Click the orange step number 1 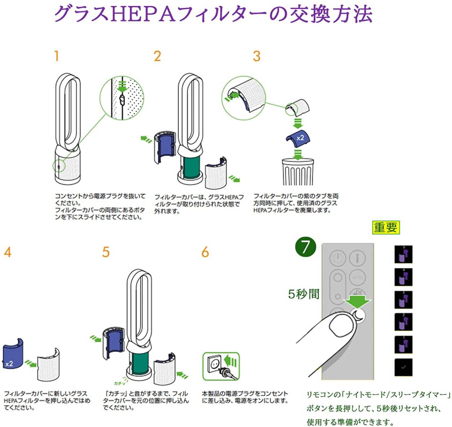click(56, 56)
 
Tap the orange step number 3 click(257, 56)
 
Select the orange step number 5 click(106, 252)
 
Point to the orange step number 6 click(205, 252)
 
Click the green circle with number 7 click(305, 247)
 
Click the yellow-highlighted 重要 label click(386, 227)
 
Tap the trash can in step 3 click(298, 171)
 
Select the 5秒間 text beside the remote click(304, 294)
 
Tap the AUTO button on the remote click(357, 278)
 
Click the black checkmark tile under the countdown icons click(403, 367)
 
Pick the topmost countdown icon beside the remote click(403, 254)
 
